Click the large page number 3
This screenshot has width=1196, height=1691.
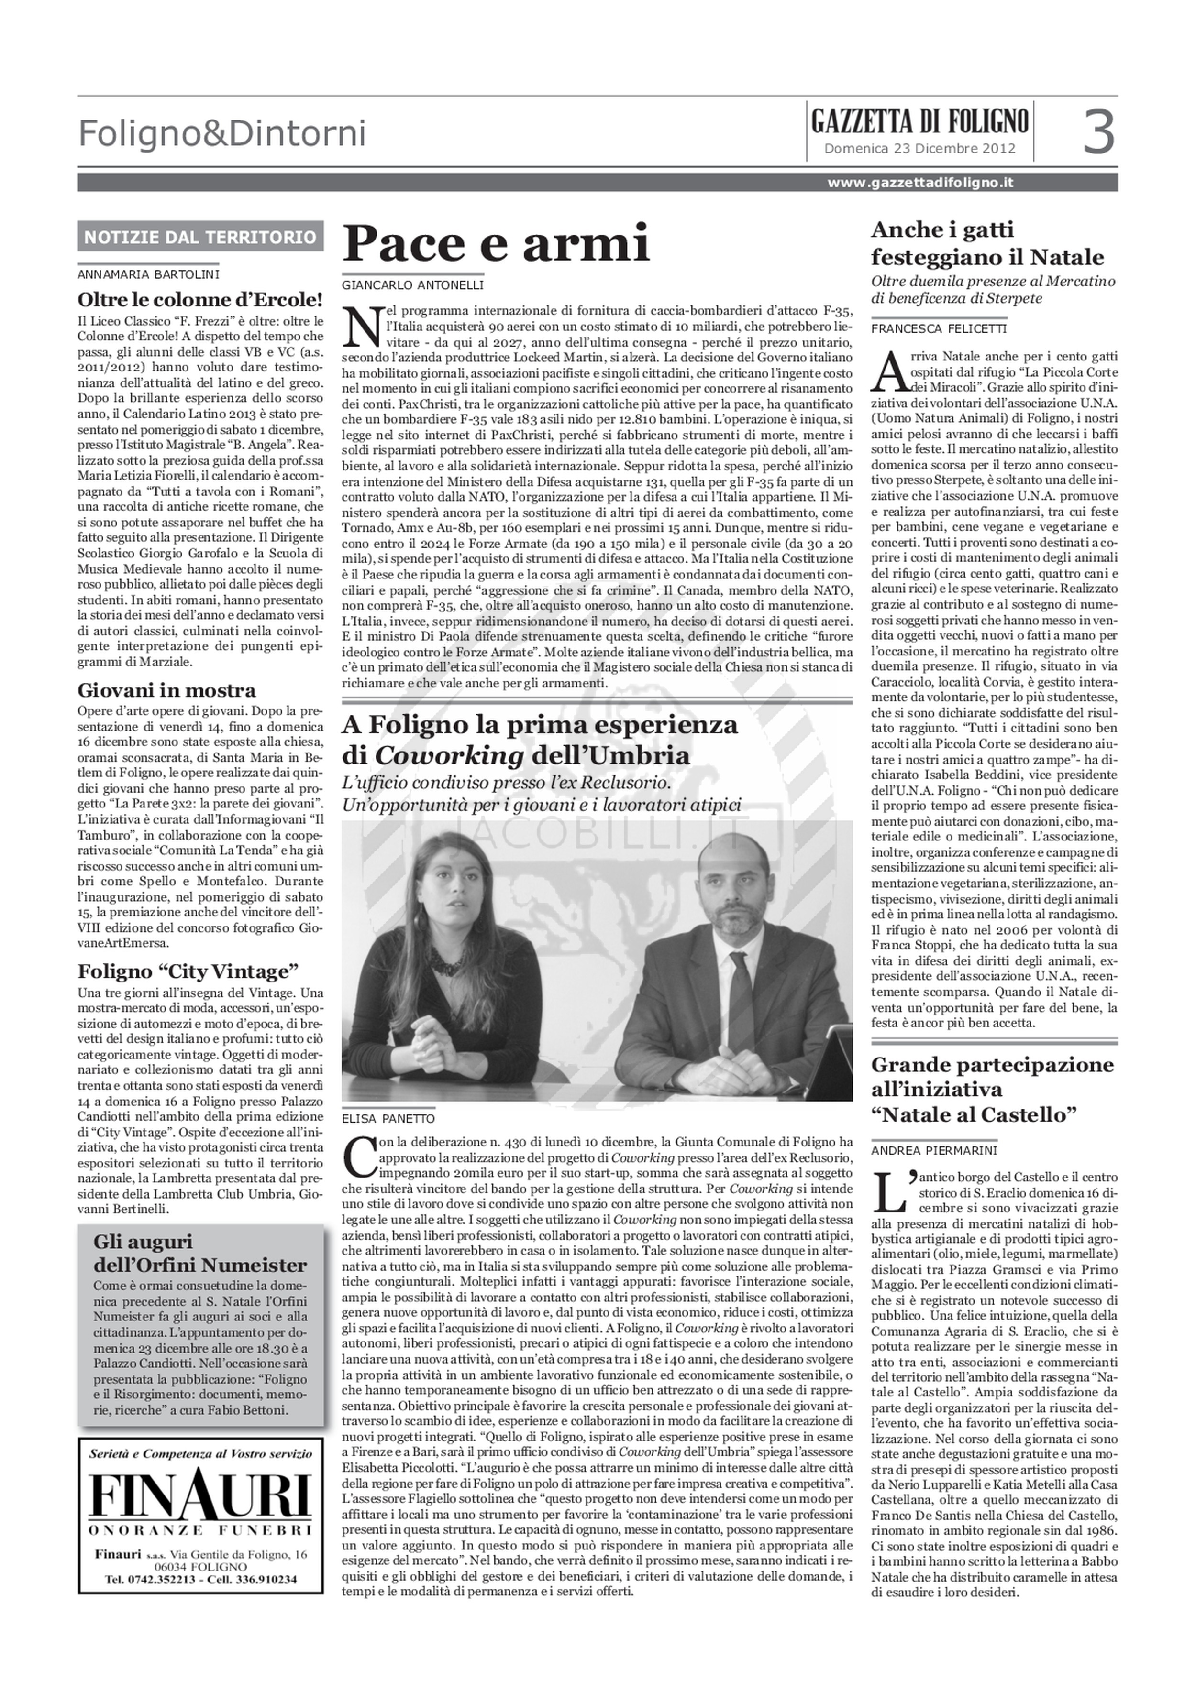(x=1099, y=132)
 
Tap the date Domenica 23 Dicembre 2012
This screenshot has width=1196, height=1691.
(x=919, y=148)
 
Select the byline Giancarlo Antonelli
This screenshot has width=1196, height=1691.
(x=413, y=284)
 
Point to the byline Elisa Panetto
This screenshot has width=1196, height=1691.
(x=388, y=1118)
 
